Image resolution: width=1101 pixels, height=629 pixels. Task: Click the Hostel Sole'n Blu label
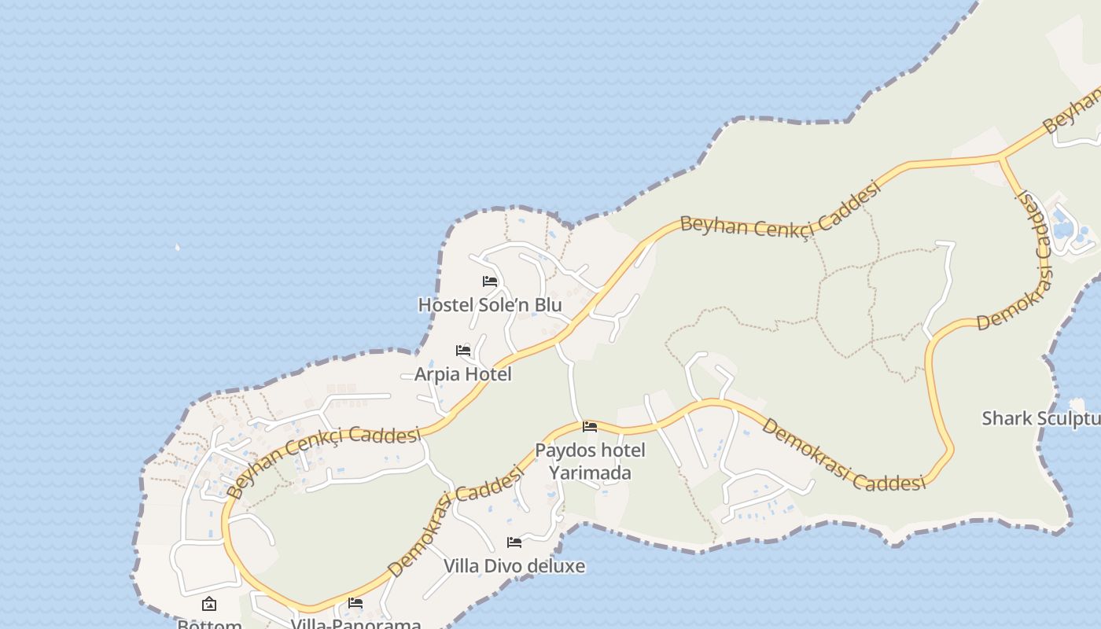pos(489,304)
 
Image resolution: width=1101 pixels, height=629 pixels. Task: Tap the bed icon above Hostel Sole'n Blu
pos(490,281)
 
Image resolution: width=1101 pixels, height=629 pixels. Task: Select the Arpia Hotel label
pos(462,374)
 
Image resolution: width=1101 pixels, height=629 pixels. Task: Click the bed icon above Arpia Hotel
pos(463,350)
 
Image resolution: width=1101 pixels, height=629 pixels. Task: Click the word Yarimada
pos(590,473)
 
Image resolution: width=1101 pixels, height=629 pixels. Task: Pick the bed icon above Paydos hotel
pos(590,427)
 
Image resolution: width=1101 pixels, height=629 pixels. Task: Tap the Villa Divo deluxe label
pos(514,566)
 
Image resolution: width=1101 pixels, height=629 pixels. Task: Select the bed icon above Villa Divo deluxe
pos(514,543)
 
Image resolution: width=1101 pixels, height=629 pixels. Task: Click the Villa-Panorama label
pos(355,623)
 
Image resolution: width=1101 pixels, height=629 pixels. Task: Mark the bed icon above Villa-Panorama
pos(355,603)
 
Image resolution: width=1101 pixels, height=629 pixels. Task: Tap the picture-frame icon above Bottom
pos(209,604)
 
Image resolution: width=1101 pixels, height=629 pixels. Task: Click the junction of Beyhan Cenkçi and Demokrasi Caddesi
pos(1000,158)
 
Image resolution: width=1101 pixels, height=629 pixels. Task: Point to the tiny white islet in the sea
pos(177,248)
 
